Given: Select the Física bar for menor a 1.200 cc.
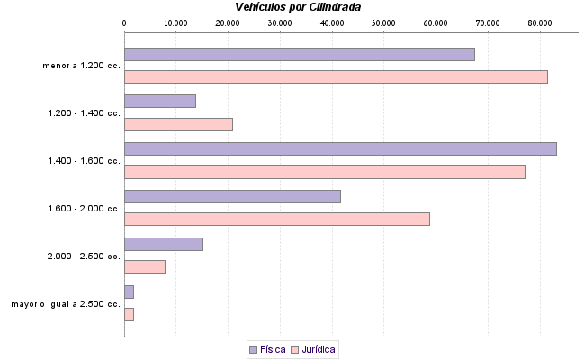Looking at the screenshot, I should click(299, 54).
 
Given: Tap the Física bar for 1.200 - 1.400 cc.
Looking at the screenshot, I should click(159, 102).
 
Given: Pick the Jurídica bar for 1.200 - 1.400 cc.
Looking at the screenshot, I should click(178, 125).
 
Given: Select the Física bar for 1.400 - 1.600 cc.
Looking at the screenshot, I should click(340, 148).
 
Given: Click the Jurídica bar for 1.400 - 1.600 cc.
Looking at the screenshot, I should click(324, 172).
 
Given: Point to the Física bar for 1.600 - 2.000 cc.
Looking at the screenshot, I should click(232, 196).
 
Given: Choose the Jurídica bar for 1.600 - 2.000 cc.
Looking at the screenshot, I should click(276, 220).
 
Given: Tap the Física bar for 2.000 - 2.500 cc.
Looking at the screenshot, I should click(163, 244).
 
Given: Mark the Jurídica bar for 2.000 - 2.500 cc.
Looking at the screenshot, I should click(144, 267).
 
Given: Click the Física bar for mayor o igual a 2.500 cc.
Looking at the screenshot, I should click(129, 292).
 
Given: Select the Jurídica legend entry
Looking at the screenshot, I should click(313, 348).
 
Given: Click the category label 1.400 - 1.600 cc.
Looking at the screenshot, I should click(84, 161).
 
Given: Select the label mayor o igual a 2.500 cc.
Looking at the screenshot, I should click(66, 304).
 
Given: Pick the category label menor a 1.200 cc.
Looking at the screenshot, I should click(81, 66).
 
